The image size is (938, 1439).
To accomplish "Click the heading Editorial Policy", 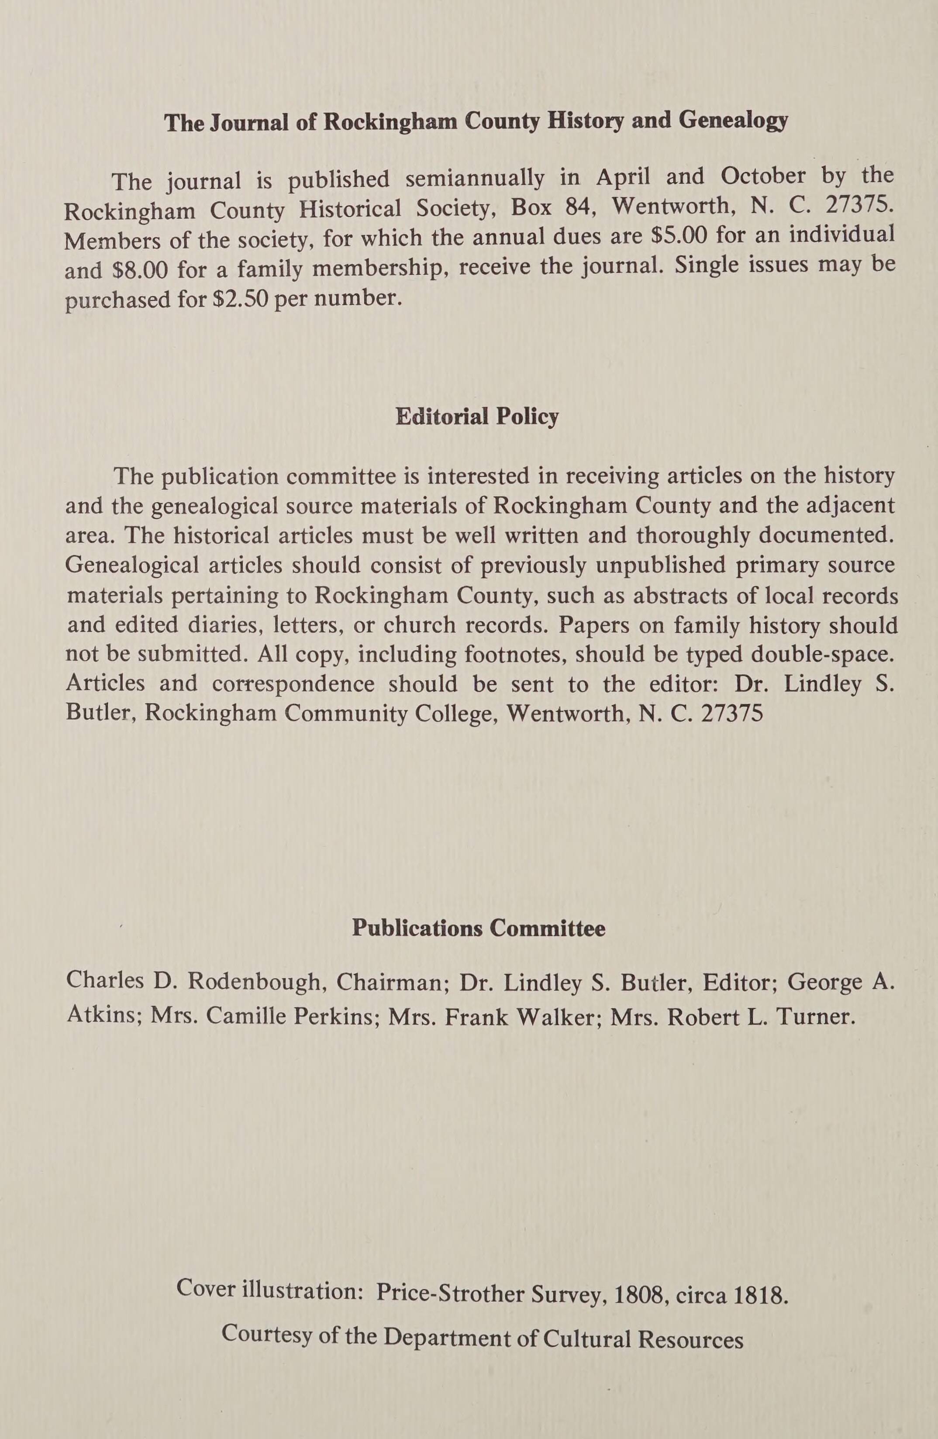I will click(477, 417).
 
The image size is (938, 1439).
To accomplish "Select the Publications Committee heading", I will click(478, 928).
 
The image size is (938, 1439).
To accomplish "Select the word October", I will click(763, 176).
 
